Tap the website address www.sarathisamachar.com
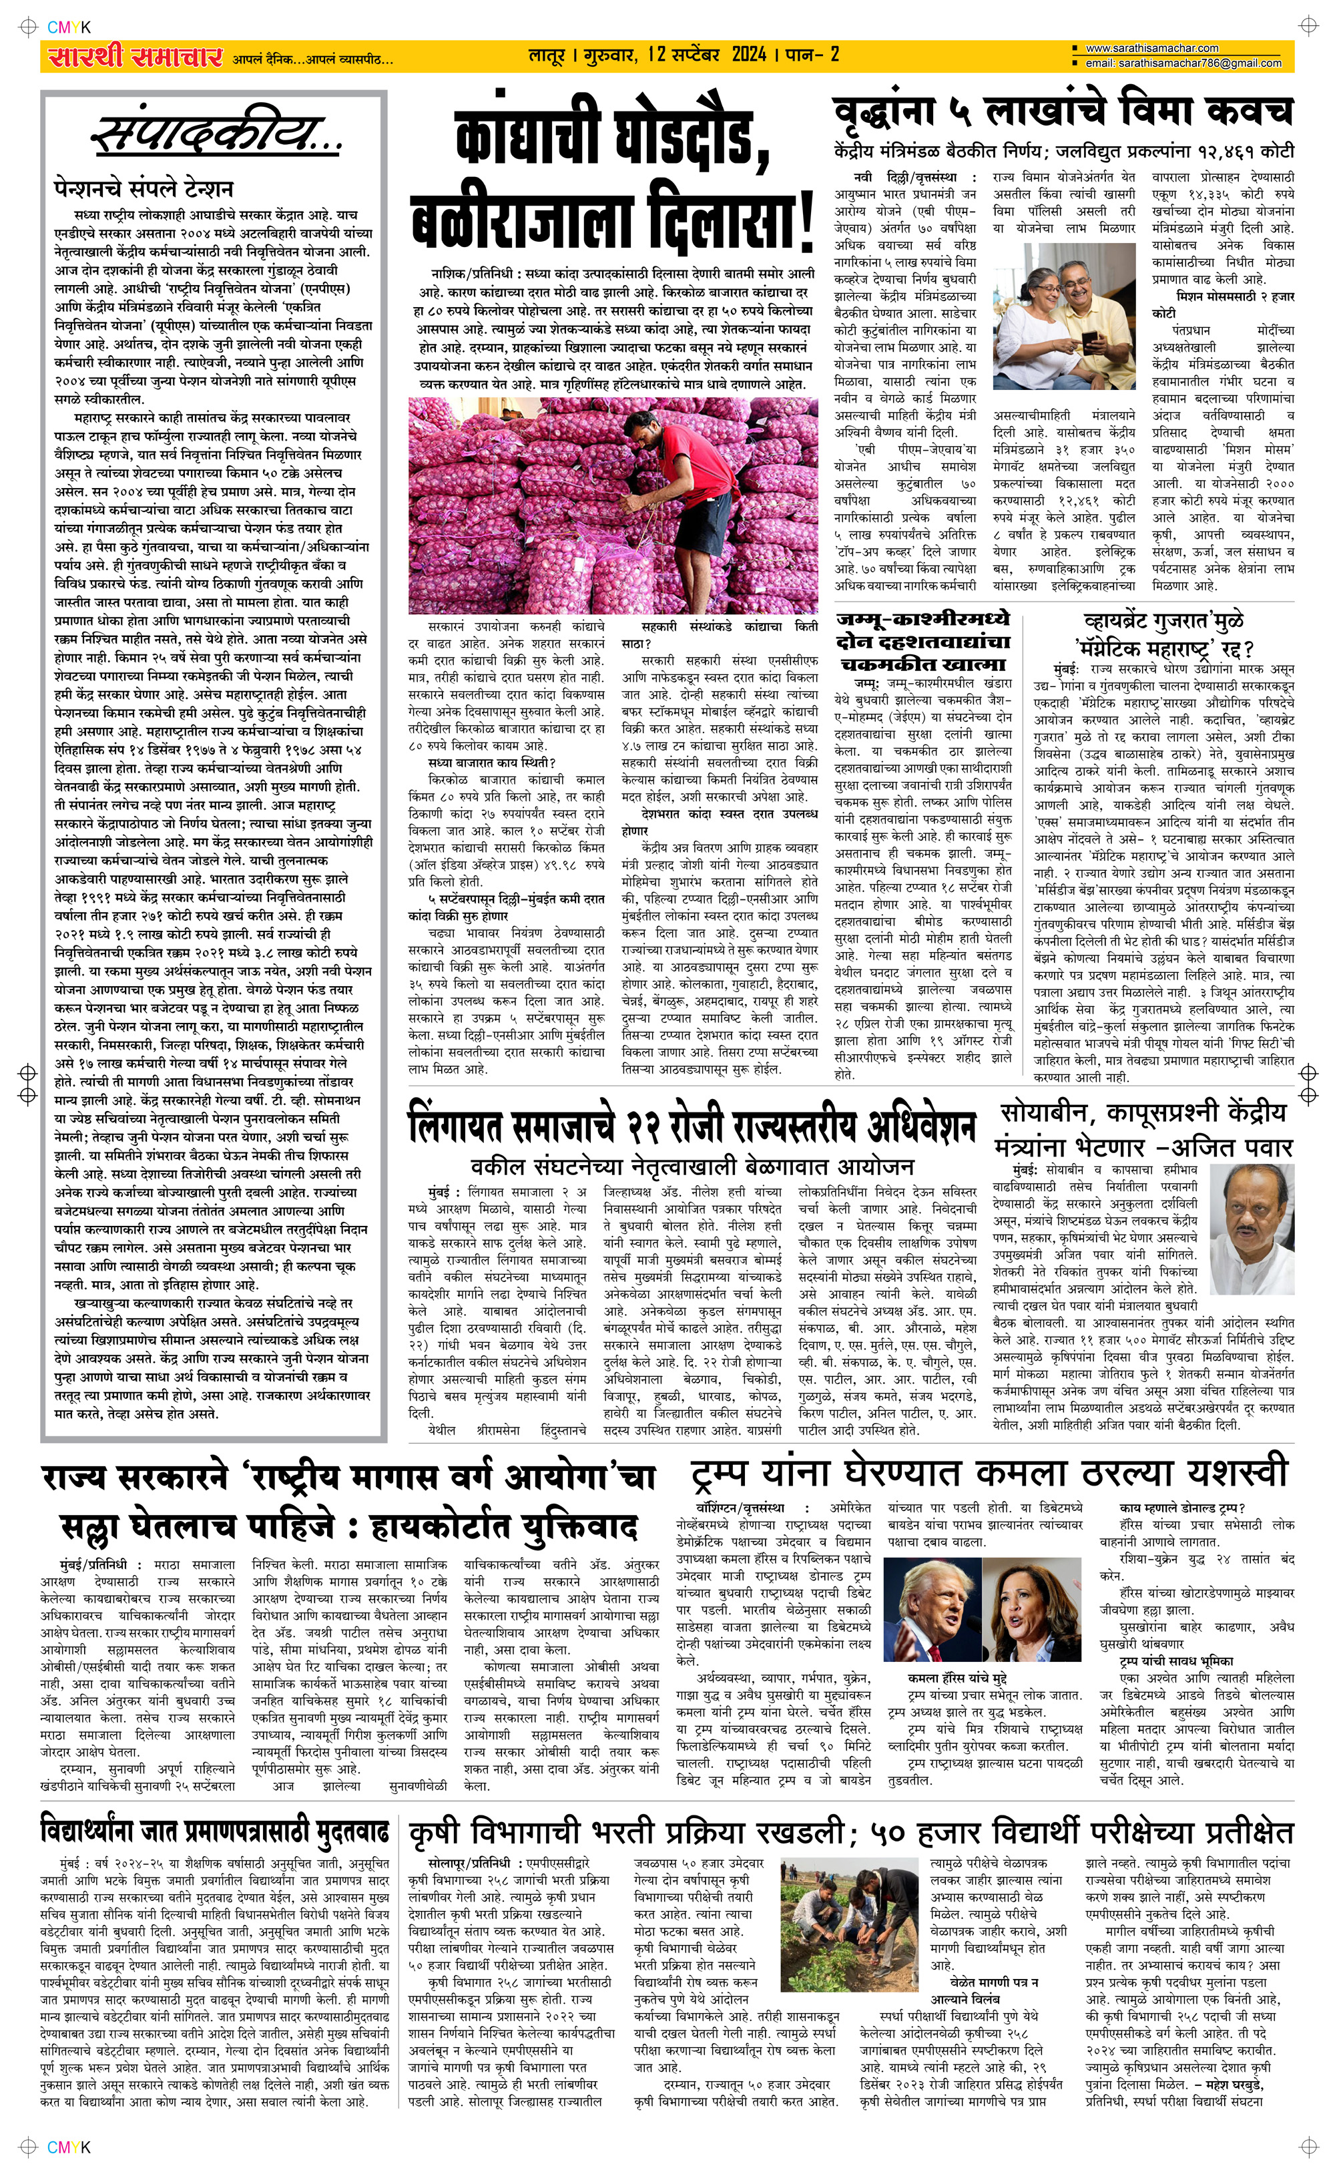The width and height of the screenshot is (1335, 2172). click(x=1151, y=49)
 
